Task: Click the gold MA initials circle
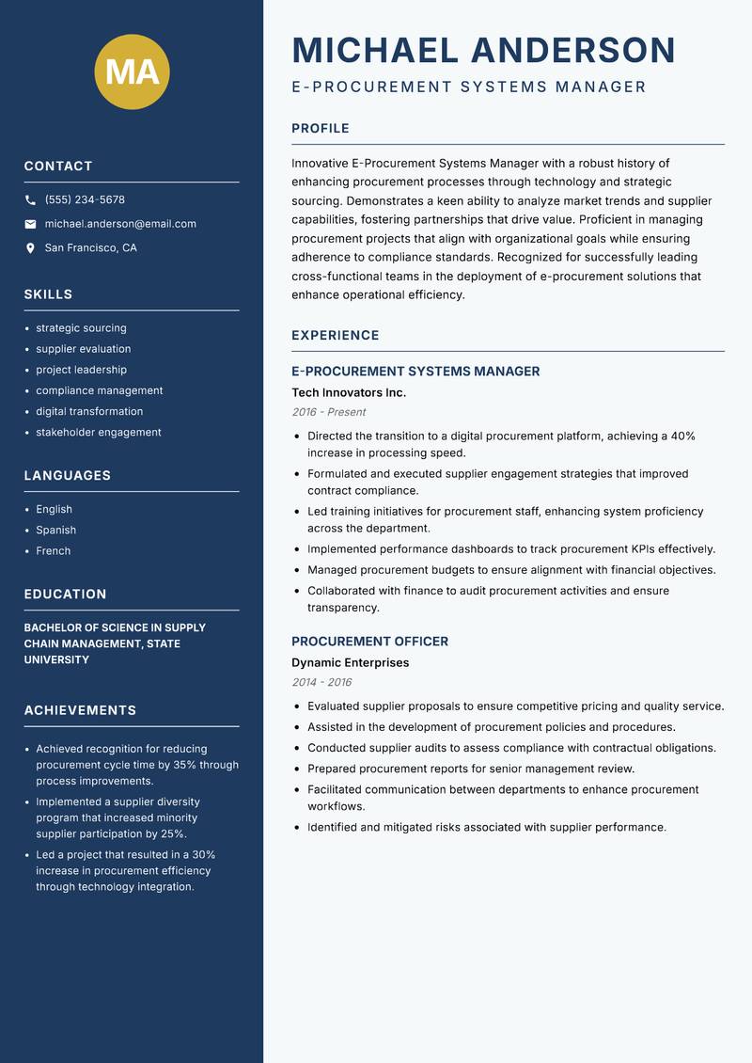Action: [x=133, y=71]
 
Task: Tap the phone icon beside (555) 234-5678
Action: [x=30, y=200]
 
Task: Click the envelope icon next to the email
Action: [x=30, y=224]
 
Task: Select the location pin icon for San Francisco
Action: [x=30, y=248]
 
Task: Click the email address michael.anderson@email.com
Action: [x=120, y=224]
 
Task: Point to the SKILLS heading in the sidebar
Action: [x=48, y=294]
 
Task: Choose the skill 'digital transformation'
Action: [x=89, y=411]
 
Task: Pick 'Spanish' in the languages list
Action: [x=55, y=530]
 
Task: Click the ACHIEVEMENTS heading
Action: [x=80, y=710]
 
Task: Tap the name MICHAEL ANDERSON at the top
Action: [x=484, y=50]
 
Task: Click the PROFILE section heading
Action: [x=320, y=129]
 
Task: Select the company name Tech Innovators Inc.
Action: [x=349, y=392]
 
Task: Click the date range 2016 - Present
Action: [x=328, y=412]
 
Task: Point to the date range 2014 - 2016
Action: [x=321, y=682]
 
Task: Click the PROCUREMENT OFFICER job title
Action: [x=369, y=642]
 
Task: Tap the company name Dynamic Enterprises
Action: [x=350, y=662]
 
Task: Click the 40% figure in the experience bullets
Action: [x=682, y=436]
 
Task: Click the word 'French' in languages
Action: [x=53, y=550]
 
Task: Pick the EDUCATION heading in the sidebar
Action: [x=65, y=595]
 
